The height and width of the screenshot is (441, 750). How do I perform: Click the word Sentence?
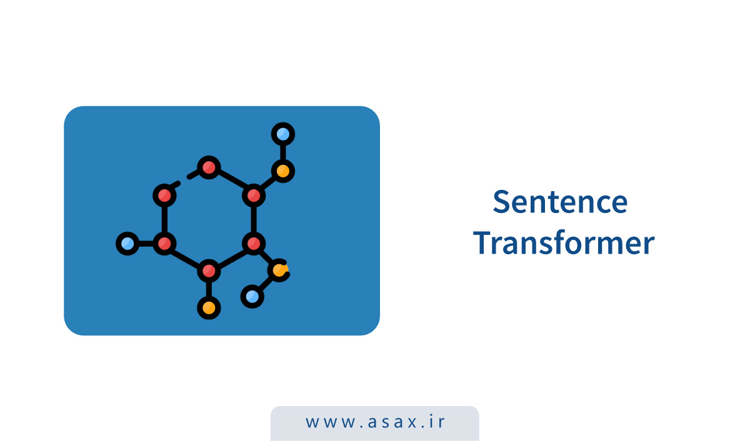[x=559, y=202]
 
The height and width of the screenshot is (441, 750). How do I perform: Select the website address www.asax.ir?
[x=375, y=422]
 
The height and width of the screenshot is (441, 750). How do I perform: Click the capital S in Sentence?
[x=502, y=202]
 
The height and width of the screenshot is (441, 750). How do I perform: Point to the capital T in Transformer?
[x=482, y=243]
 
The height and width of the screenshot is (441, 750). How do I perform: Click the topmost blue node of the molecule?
[x=283, y=134]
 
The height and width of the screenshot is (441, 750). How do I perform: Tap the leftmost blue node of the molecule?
[x=127, y=243]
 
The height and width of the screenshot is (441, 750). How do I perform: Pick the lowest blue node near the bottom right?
[x=252, y=296]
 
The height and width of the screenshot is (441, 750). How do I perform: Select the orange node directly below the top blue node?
[x=283, y=170]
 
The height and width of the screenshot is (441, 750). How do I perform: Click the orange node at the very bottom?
[x=209, y=307]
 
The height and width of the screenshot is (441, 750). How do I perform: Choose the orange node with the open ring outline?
[x=279, y=270]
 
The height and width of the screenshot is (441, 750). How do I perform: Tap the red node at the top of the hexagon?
[x=209, y=167]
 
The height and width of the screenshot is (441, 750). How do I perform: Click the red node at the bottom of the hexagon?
[x=209, y=271]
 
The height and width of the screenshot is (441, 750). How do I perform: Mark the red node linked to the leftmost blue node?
[x=164, y=243]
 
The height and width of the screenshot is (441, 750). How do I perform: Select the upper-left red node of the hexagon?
[x=164, y=196]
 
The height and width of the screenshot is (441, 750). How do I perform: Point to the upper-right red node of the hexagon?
[x=253, y=196]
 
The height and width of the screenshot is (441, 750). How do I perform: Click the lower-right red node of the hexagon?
[x=253, y=243]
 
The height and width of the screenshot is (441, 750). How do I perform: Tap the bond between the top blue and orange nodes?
[x=283, y=152]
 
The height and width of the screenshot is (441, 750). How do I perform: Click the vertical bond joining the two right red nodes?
[x=253, y=219]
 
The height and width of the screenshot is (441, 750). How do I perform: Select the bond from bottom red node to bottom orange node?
[x=209, y=289]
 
